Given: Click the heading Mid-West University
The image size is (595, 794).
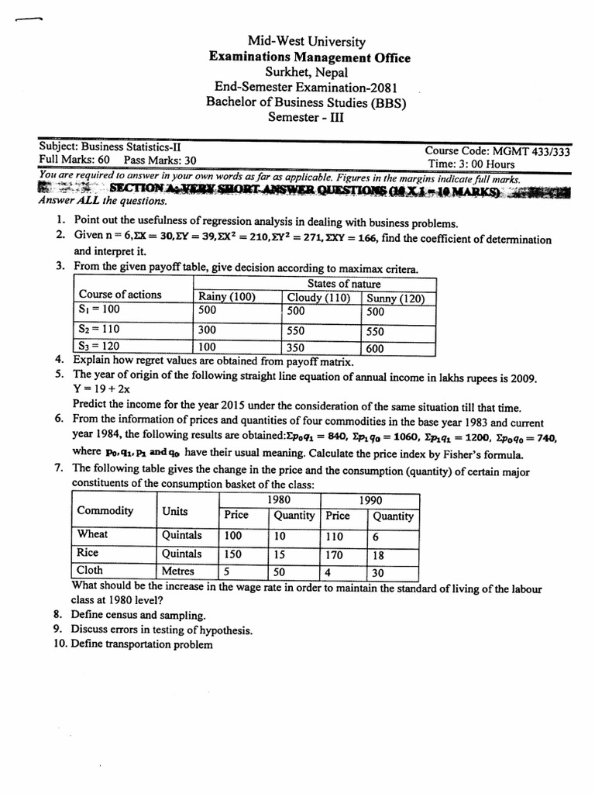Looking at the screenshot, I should coord(306,42).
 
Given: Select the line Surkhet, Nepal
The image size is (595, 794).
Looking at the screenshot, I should coord(306,72).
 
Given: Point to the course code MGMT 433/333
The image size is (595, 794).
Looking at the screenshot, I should coord(497,151).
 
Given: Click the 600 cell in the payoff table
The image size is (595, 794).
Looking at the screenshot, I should coord(375,348).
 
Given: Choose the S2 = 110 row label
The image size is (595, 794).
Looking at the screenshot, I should coord(98,329).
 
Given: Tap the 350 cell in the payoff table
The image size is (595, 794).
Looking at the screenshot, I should coord(296,348).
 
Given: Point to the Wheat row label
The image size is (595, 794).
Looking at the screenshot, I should coord(93,534).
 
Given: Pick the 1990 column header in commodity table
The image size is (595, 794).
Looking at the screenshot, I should coord(370,500).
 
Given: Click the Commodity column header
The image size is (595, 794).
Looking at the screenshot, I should coord(105,511).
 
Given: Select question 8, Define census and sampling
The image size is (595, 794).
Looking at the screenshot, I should coord(138,614).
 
